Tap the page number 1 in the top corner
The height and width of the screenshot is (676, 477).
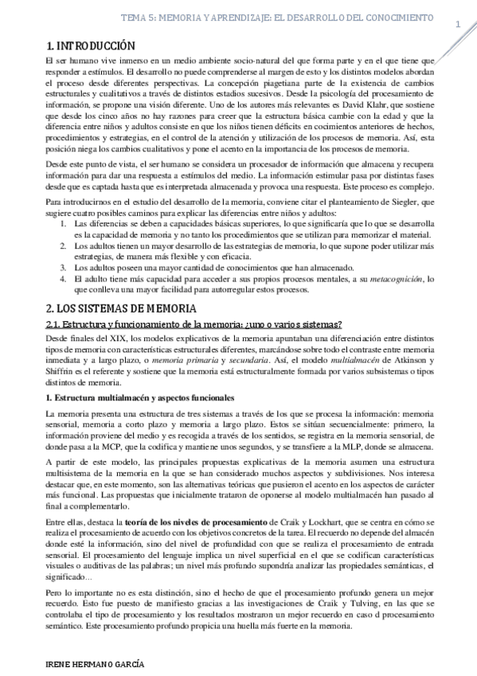tap(459, 24)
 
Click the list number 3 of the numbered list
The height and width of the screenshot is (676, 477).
tap(64, 268)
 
